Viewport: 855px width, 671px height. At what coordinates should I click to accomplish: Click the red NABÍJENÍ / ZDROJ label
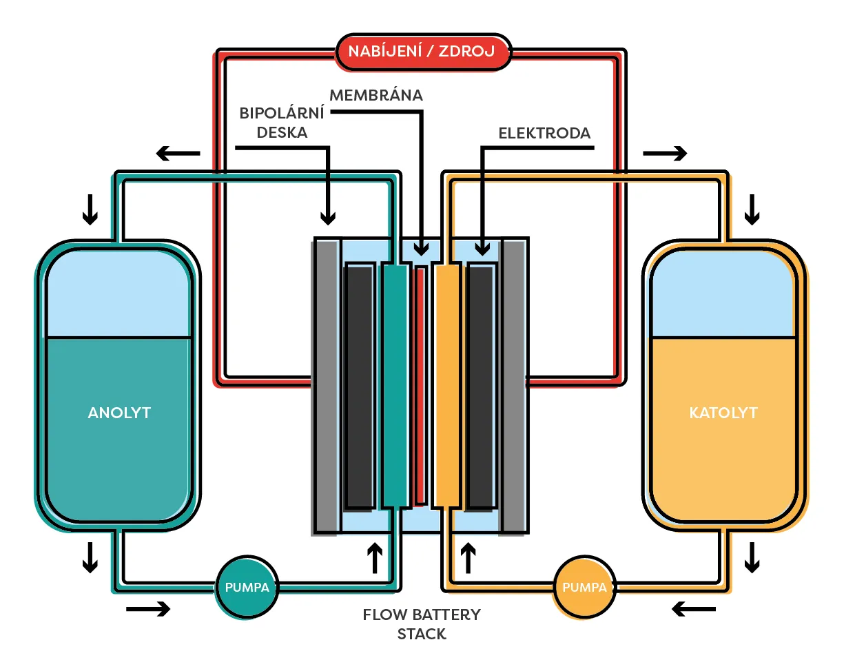(422, 52)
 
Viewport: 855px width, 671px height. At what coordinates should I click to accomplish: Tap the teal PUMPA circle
(247, 588)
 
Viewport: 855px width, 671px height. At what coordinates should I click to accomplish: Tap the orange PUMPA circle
(584, 588)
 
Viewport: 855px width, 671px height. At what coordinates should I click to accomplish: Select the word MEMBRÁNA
(376, 96)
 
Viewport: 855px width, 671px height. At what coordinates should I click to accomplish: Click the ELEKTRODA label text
(544, 134)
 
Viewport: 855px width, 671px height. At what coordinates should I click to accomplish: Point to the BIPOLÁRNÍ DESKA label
(282, 123)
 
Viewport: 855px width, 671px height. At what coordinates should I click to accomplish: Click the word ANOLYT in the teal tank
(119, 413)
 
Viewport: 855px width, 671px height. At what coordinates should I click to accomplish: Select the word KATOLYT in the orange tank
(723, 413)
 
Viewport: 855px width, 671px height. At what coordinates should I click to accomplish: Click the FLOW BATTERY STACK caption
(422, 623)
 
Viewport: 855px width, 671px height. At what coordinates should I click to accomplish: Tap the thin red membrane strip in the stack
(420, 386)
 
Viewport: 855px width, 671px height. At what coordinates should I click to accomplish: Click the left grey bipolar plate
(327, 386)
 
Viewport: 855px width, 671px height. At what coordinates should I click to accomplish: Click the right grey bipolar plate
(513, 386)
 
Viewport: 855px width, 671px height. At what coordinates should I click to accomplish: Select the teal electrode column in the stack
(395, 386)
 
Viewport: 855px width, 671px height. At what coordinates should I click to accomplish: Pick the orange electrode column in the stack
(447, 386)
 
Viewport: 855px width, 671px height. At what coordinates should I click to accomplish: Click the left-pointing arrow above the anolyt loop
(178, 153)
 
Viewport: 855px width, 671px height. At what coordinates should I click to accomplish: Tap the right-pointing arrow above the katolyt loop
(666, 153)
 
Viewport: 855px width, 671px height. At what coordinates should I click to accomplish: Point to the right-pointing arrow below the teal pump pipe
(147, 609)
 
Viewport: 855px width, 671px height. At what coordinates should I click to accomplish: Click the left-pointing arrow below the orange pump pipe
(694, 609)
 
